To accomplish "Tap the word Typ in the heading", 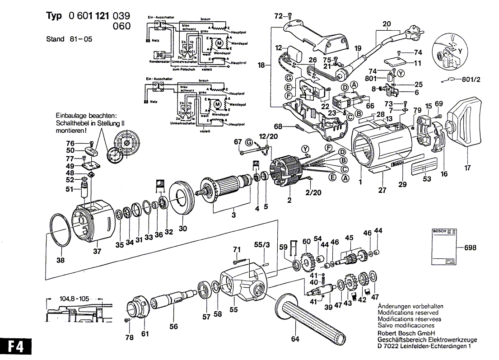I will point(55,16).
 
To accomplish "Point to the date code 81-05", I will point(81,39).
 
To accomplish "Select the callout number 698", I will point(470,248).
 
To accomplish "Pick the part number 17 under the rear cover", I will point(466,168).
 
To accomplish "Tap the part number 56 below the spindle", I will point(173,327).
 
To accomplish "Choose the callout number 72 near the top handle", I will point(278,16).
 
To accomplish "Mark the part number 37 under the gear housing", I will point(97,252).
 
